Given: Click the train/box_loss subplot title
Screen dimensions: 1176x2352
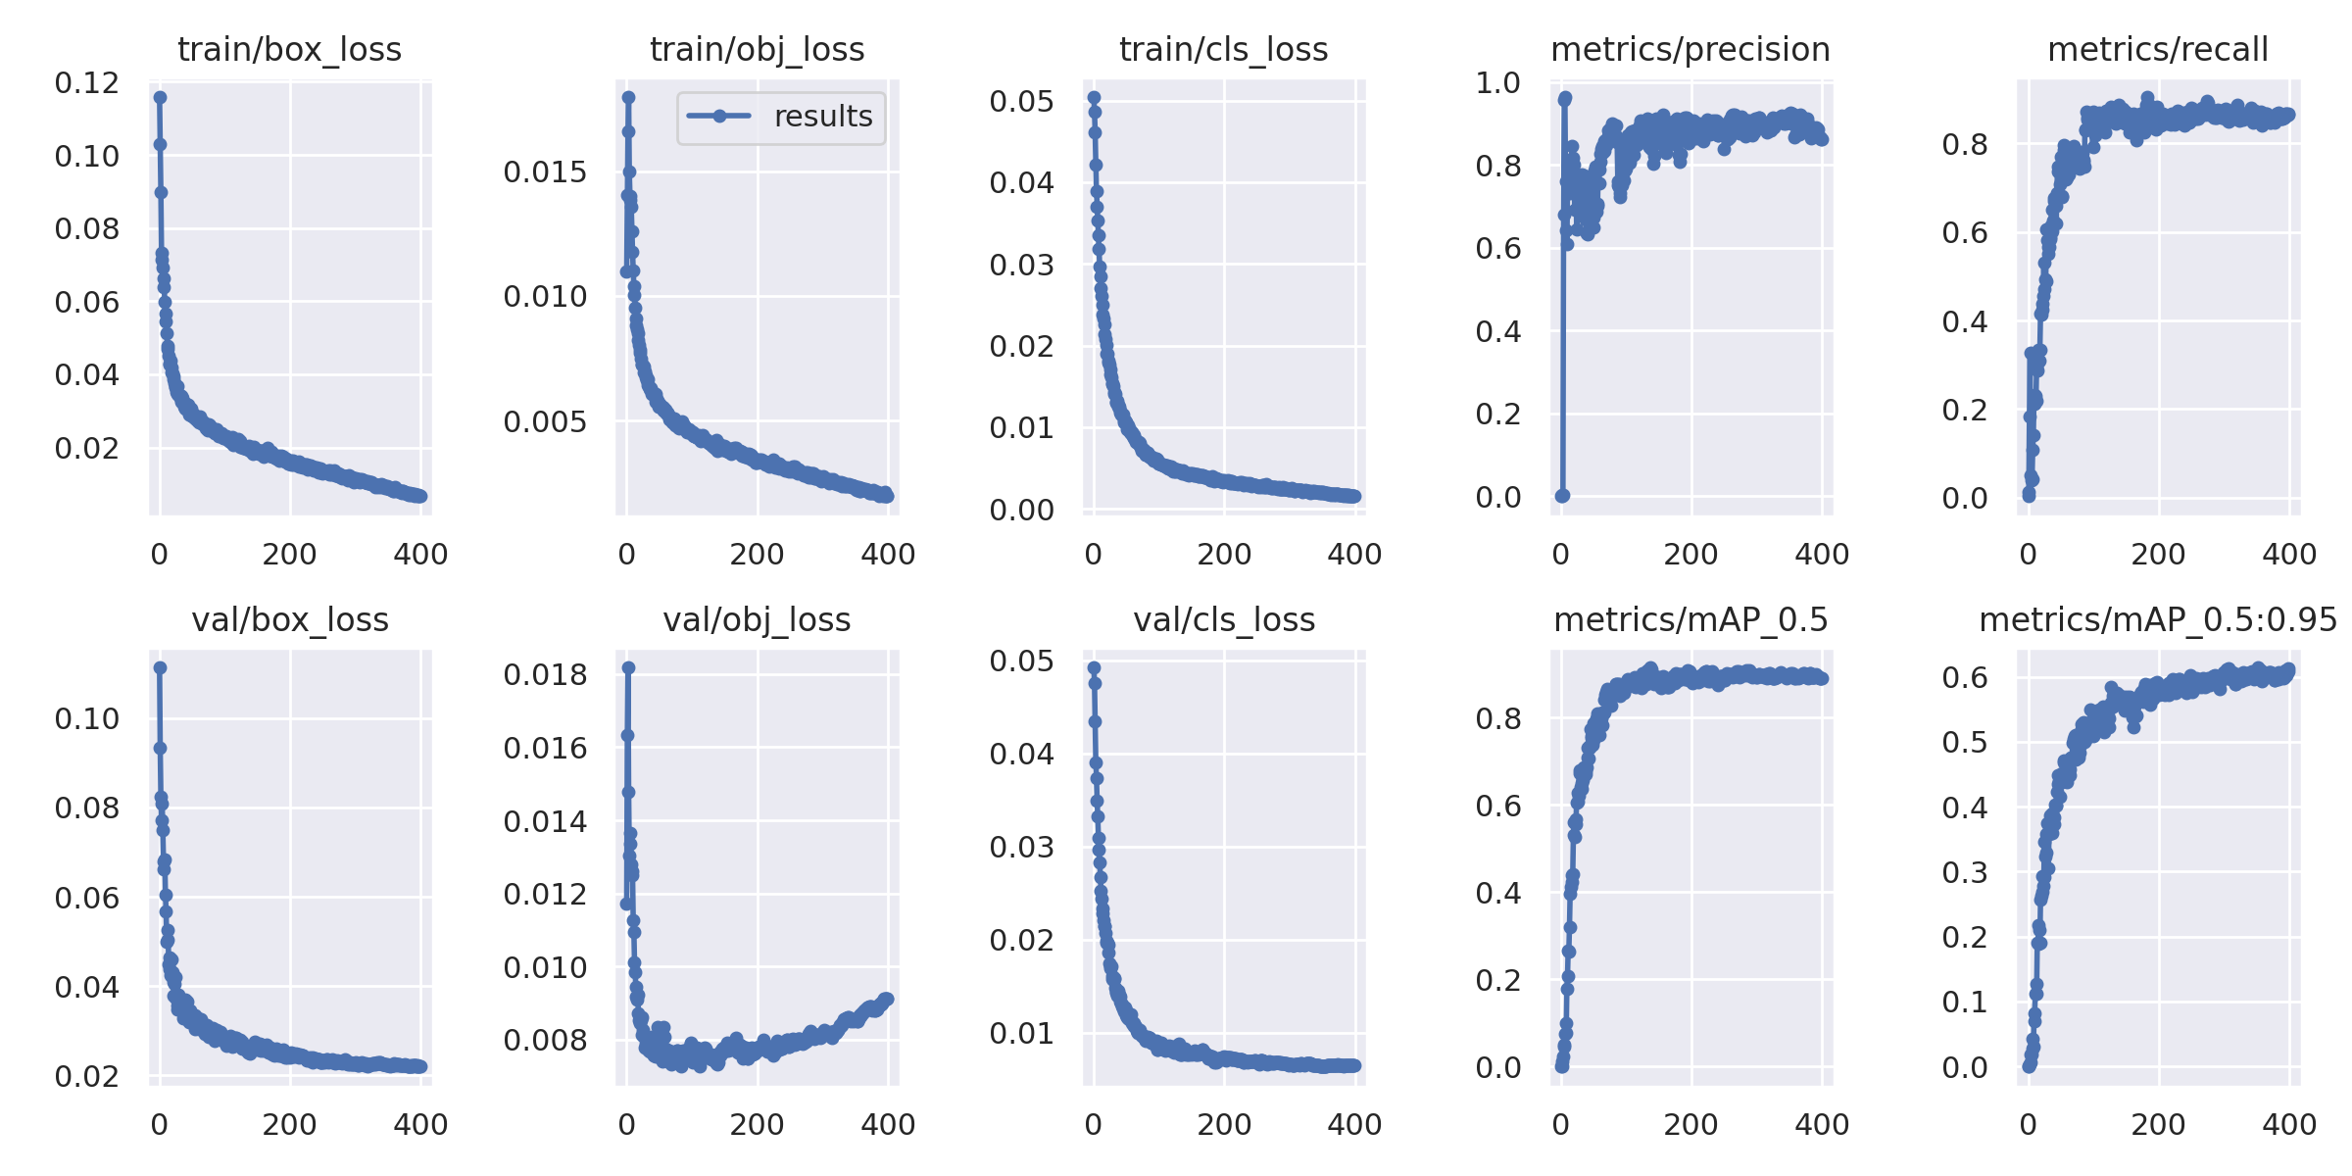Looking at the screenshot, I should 289,49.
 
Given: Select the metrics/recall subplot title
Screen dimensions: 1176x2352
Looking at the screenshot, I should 2158,49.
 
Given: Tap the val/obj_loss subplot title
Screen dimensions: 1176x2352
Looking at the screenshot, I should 757,619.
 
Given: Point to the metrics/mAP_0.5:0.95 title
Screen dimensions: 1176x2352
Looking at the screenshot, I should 2158,619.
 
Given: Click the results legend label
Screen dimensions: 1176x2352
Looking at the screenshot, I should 823,117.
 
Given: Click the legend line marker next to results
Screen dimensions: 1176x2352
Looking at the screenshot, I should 719,117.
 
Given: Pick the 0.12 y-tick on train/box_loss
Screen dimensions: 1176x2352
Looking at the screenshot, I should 86,83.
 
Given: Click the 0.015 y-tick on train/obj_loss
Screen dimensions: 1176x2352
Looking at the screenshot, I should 545,172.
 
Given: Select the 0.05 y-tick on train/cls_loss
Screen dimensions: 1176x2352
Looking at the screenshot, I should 1021,101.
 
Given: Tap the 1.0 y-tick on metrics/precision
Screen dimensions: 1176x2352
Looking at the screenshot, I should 1497,83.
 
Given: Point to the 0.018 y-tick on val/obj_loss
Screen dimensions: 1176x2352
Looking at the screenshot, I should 545,674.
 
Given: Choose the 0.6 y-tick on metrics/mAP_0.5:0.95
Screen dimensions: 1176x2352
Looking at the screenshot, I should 1965,677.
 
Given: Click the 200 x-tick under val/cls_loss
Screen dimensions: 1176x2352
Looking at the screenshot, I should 1224,1124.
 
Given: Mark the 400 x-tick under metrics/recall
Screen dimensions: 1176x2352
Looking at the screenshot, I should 2289,554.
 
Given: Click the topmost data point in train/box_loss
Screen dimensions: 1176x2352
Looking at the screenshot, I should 160,97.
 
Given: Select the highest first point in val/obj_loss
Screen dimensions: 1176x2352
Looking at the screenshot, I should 628,667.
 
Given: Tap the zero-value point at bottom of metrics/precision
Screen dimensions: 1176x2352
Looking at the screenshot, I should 1562,496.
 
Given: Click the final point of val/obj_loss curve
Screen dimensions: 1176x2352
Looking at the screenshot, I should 888,999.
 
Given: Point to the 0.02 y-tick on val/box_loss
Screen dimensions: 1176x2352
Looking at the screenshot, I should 86,1076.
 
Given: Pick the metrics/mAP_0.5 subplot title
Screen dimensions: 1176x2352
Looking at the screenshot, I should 1690,619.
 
